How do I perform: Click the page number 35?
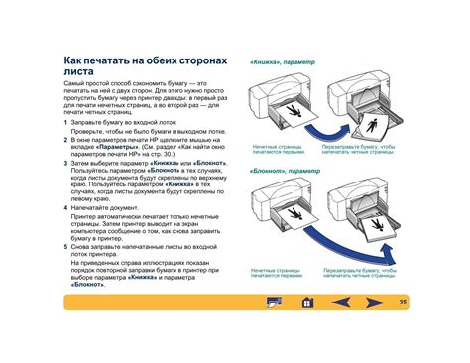(402, 302)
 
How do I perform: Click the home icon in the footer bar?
(306, 302)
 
